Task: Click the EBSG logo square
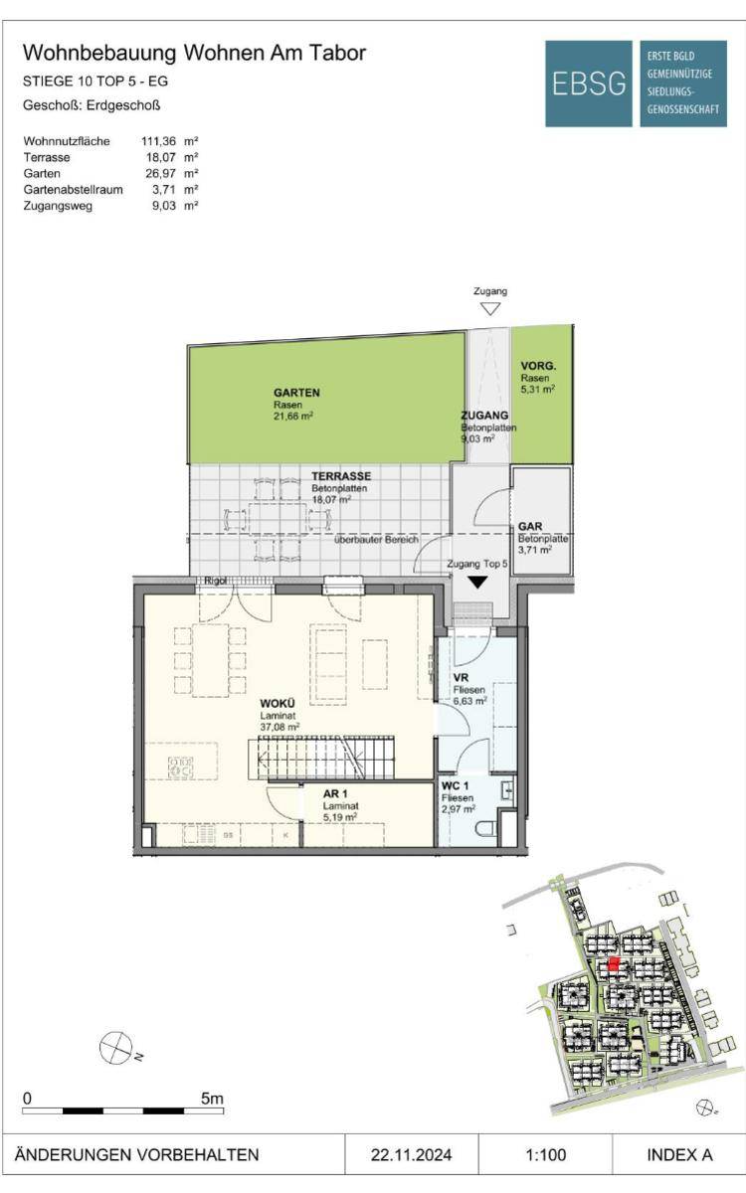[x=588, y=84]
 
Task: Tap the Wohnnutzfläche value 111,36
[x=158, y=141]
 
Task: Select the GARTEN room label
[x=296, y=393]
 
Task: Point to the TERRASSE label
[x=341, y=475]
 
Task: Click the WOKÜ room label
[x=278, y=704]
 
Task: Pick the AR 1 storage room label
[x=335, y=794]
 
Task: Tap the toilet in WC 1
[x=487, y=830]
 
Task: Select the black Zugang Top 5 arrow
[x=478, y=583]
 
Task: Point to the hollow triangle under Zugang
[x=489, y=309]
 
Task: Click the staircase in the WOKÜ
[x=321, y=758]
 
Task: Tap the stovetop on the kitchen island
[x=181, y=767]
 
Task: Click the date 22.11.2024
[x=412, y=1154]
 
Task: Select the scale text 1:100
[x=546, y=1154]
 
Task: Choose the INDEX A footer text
[x=679, y=1154]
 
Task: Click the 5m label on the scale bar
[x=212, y=1099]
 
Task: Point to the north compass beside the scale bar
[x=115, y=1046]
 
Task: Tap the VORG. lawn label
[x=538, y=366]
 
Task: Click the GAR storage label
[x=530, y=526]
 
